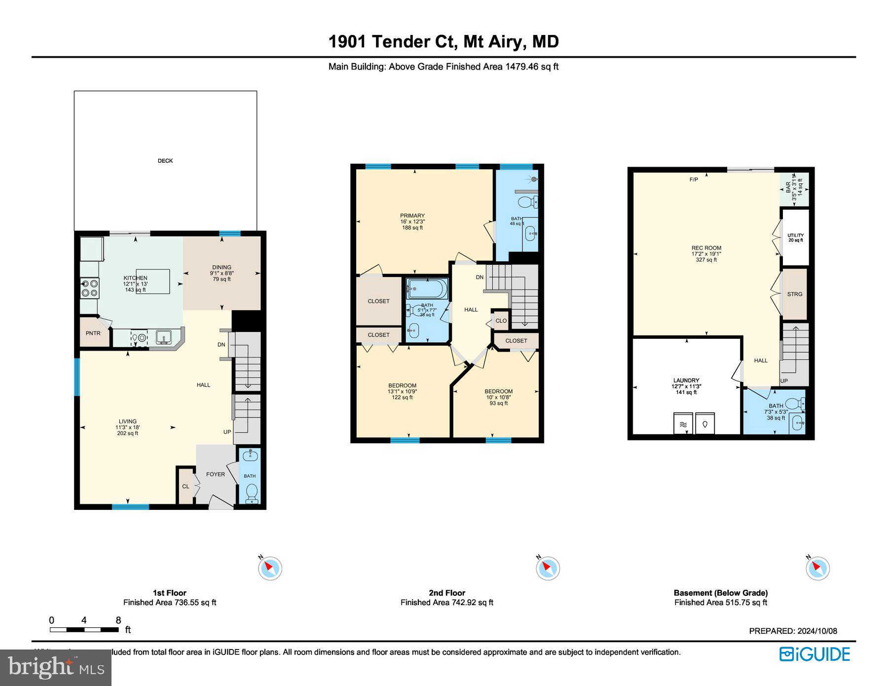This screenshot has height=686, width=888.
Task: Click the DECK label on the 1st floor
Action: (165, 161)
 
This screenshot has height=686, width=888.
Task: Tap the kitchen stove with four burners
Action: (90, 288)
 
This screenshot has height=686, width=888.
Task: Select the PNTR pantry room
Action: (93, 333)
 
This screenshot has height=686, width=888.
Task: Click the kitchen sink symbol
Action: (164, 338)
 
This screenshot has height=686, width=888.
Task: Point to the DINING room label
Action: (222, 267)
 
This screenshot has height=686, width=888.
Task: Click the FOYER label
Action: (215, 474)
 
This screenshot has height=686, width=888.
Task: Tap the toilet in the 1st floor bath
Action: (252, 493)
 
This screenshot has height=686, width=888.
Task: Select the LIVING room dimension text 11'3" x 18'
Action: (128, 428)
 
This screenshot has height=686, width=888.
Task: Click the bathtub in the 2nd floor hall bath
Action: (427, 289)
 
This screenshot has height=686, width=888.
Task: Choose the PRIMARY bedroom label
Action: (412, 216)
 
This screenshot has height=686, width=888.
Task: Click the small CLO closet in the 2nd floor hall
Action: (501, 321)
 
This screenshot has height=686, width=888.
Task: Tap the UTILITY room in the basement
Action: (795, 238)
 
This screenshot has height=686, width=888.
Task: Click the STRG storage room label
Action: (794, 294)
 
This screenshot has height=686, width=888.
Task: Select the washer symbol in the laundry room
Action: (683, 424)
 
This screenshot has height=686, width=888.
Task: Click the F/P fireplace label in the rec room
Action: (694, 180)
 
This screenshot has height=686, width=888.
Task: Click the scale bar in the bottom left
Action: (84, 630)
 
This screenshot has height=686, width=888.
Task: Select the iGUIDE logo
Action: (814, 654)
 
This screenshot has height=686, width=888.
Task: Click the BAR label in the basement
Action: (788, 188)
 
